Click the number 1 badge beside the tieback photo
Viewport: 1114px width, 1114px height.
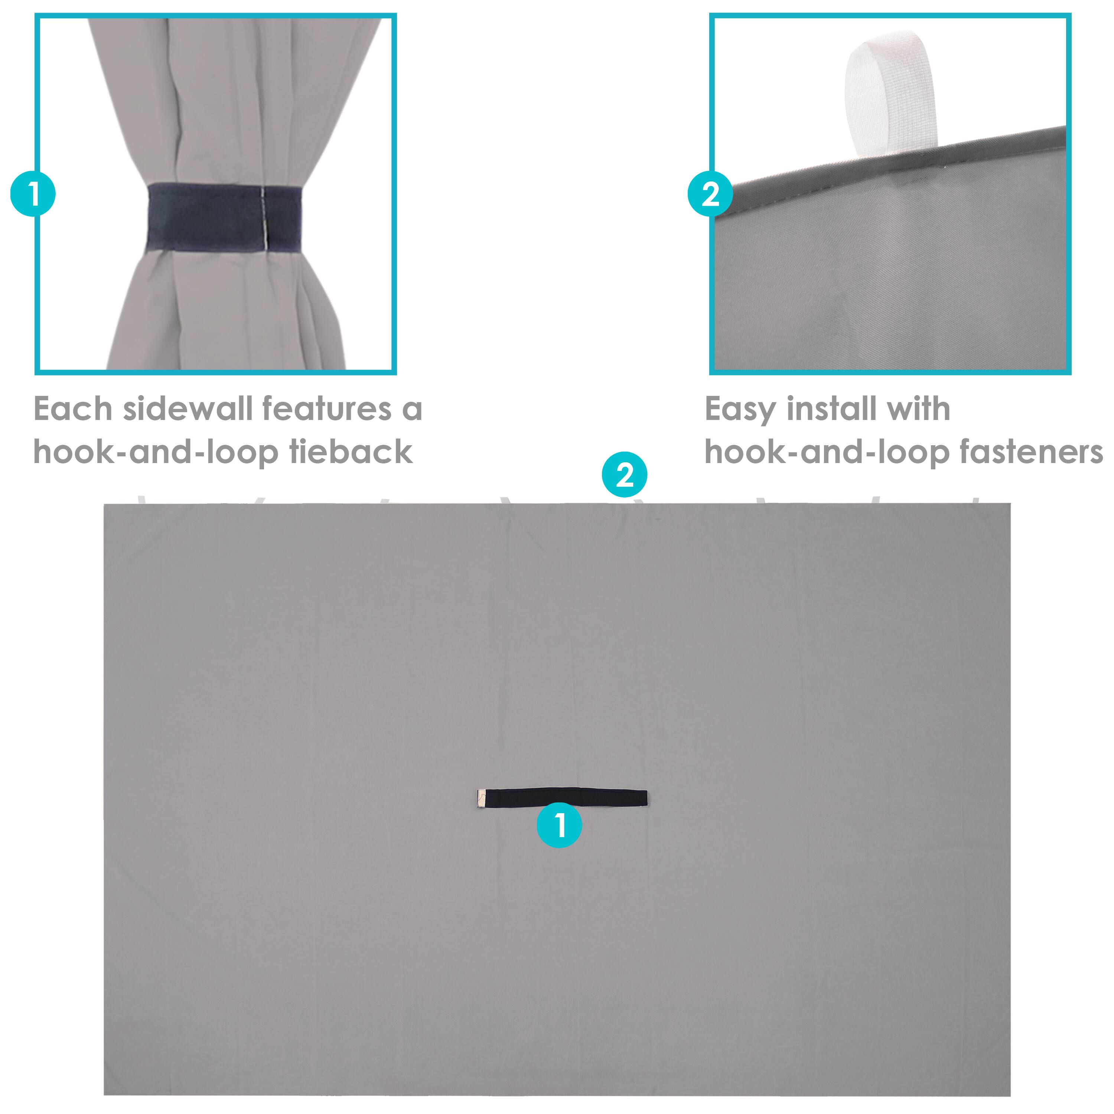[x=33, y=194]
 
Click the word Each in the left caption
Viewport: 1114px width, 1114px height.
[x=73, y=409]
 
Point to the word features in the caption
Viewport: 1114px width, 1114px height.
[x=326, y=409]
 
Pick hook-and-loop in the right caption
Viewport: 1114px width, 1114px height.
[x=827, y=453]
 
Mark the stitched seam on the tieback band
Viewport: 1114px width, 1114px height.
[x=264, y=218]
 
